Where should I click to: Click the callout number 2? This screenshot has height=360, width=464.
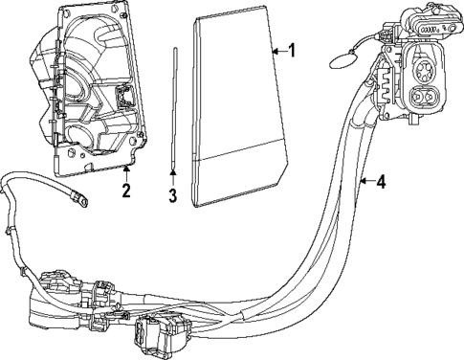pyautogui.click(x=126, y=191)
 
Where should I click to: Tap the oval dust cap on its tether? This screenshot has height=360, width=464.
pyautogui.click(x=342, y=60)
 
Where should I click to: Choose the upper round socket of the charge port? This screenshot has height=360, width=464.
pyautogui.click(x=422, y=71)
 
